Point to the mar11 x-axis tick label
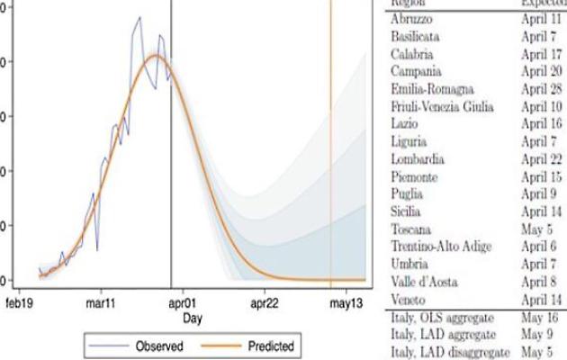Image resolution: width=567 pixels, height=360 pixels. [x=105, y=302]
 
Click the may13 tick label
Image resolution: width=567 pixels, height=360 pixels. [x=345, y=302]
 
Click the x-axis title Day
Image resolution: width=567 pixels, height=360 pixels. [x=192, y=318]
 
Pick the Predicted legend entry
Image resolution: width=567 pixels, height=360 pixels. [x=266, y=345]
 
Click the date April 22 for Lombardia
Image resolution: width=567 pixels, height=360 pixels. [x=542, y=158]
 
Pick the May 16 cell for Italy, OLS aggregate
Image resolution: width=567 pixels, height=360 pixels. [x=542, y=316]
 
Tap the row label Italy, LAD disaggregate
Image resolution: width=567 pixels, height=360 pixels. [x=443, y=351]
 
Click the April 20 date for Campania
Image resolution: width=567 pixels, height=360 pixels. [x=542, y=70]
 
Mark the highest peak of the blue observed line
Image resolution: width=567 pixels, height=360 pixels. [x=139, y=17]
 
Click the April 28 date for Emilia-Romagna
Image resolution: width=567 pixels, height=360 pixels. [x=542, y=88]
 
